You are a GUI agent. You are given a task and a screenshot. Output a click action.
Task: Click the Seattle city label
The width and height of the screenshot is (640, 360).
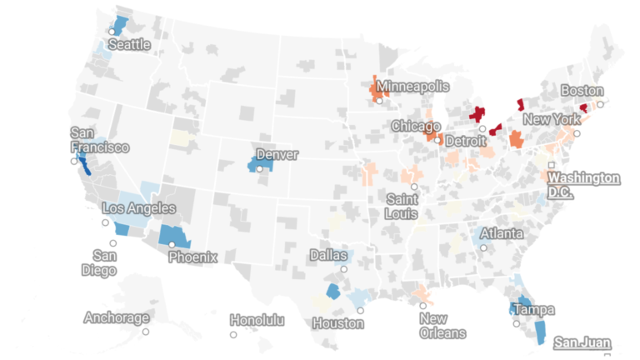129,43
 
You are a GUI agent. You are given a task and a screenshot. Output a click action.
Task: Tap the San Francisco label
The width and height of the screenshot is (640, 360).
98,140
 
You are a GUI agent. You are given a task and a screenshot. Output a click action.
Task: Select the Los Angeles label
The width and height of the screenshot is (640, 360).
138,207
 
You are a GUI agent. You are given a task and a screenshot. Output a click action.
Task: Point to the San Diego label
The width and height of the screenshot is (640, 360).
105,262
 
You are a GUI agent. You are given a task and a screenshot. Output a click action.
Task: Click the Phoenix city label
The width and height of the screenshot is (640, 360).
192,257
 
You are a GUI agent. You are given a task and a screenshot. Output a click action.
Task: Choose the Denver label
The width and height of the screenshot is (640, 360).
277,154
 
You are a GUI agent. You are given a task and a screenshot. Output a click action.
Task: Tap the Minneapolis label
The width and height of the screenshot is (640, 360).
412,86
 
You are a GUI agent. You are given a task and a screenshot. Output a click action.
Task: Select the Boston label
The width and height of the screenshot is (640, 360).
582,90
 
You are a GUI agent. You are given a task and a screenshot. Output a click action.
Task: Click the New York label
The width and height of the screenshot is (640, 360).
552,119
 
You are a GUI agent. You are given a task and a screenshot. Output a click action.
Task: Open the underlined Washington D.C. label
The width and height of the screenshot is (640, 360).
583,184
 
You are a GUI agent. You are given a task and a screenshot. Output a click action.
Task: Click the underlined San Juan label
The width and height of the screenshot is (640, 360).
583,342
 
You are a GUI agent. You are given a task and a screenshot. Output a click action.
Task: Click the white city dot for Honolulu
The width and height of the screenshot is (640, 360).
233,335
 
